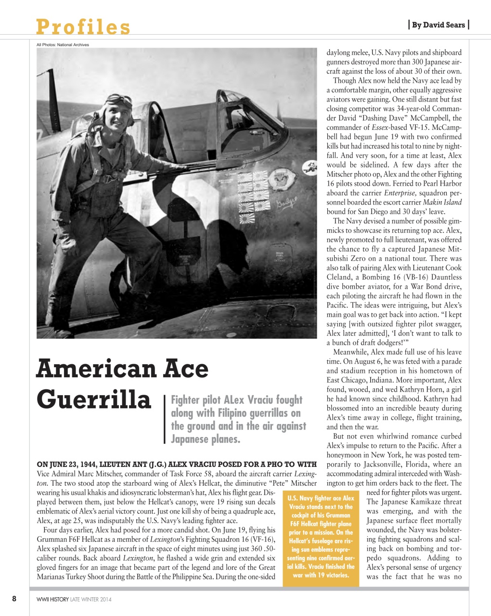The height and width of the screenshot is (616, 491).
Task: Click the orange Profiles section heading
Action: (x=83, y=27)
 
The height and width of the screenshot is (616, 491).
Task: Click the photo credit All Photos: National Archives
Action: (x=63, y=45)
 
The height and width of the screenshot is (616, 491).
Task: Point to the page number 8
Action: (x=14, y=599)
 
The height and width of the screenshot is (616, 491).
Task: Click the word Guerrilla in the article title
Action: (x=94, y=399)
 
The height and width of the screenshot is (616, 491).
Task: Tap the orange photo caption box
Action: (x=321, y=537)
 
